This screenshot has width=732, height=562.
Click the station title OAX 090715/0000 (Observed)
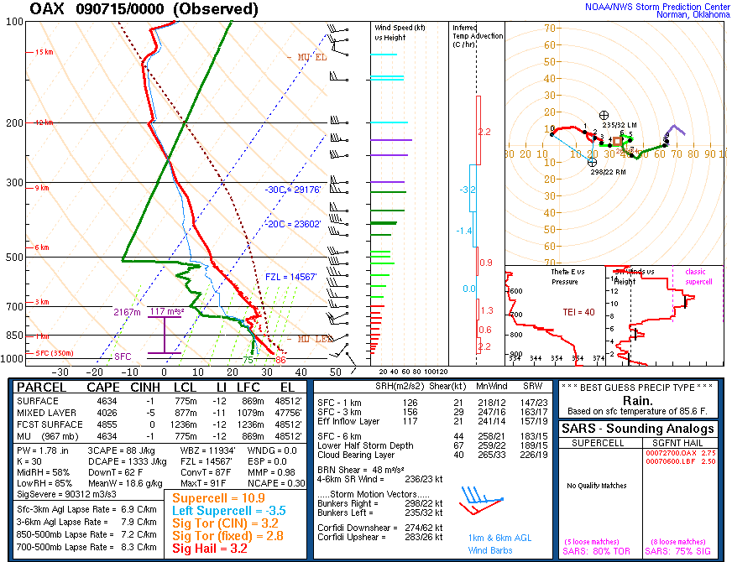(144, 9)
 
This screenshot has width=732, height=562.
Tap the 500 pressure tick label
(14, 257)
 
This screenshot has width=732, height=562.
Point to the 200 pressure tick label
(14, 122)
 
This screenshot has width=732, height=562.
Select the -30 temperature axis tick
(60, 372)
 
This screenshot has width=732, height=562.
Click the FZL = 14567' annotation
(291, 276)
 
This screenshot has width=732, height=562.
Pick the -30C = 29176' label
(291, 190)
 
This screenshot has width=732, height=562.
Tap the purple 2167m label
(128, 312)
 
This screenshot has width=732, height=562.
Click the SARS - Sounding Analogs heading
(639, 429)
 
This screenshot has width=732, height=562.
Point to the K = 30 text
(34, 461)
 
